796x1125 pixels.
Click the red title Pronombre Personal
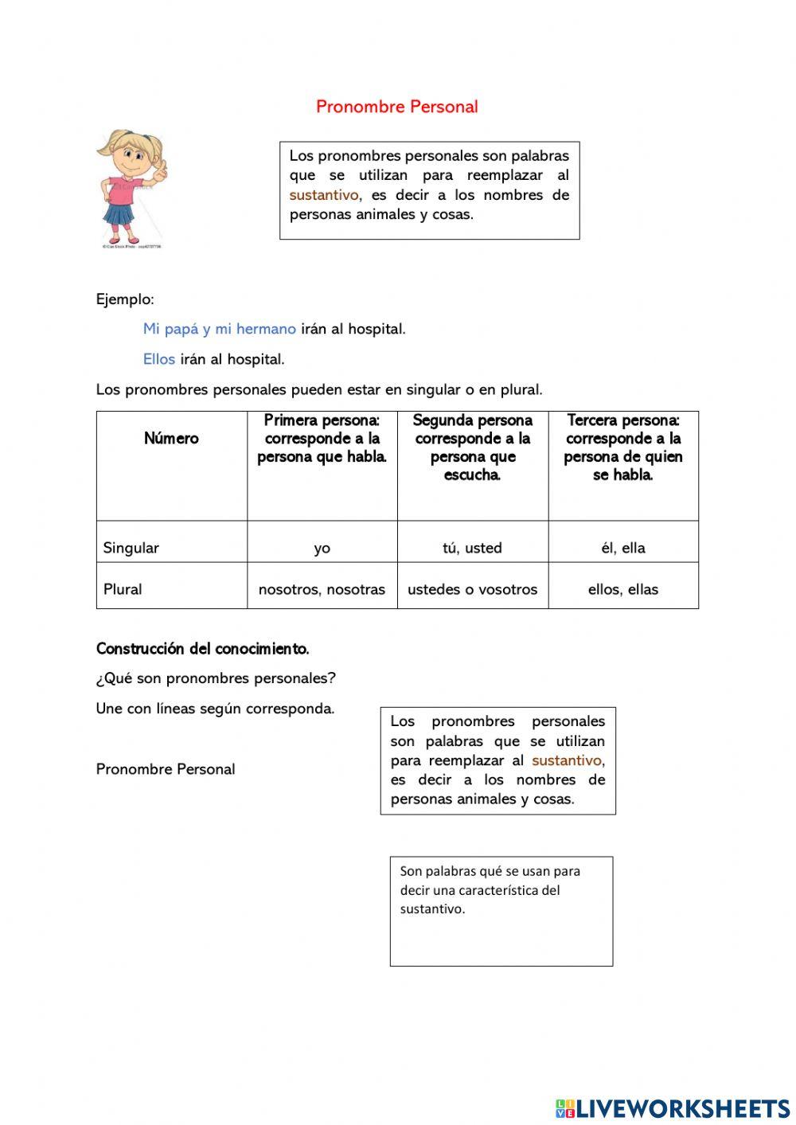click(396, 107)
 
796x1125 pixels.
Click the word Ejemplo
click(125, 299)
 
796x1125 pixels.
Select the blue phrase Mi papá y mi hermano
click(220, 329)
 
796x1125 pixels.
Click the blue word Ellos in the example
click(159, 359)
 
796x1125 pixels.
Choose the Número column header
click(171, 439)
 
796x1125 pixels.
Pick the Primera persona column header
click(322, 439)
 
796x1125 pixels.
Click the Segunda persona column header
click(472, 447)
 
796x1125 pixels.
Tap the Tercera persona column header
click(622, 447)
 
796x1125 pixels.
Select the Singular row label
click(131, 548)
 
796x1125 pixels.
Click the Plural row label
click(123, 589)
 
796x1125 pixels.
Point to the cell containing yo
click(322, 548)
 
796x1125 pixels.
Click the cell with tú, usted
click(472, 548)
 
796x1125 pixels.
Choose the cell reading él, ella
click(622, 548)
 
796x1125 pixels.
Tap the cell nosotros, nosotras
click(322, 589)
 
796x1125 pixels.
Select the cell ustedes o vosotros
click(472, 589)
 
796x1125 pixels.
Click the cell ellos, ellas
click(622, 589)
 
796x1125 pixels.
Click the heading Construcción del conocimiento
click(202, 649)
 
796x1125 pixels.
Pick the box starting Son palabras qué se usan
click(501, 911)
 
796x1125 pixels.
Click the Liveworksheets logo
click(673, 1107)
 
